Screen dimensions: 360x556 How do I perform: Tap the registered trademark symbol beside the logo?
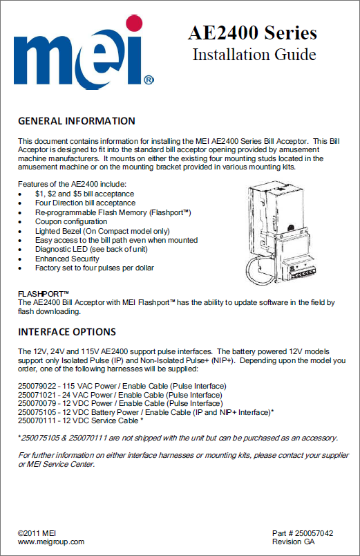coord(149,80)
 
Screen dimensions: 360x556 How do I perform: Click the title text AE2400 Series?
coord(252,33)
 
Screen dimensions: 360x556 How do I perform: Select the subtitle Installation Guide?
coord(254,55)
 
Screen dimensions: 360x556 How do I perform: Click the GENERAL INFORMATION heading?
coord(77,121)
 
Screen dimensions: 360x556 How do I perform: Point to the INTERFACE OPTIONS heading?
coord(67,332)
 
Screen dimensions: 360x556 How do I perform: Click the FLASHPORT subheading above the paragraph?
coord(44,294)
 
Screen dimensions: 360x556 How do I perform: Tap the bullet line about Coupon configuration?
coord(71,221)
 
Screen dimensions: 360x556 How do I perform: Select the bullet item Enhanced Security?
coord(67,259)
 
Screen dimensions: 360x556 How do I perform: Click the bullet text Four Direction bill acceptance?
coord(85,203)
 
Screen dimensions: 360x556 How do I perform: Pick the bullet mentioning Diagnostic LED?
coord(91,249)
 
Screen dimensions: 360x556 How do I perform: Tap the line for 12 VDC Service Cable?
coord(80,420)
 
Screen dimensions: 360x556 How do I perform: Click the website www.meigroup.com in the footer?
coord(51,541)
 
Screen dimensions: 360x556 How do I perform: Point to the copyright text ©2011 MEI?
coord(37,533)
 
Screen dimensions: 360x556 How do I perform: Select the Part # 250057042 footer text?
coord(303,533)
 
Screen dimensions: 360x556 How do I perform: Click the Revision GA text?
coord(294,541)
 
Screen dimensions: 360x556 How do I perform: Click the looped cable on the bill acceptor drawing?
coord(248,270)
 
